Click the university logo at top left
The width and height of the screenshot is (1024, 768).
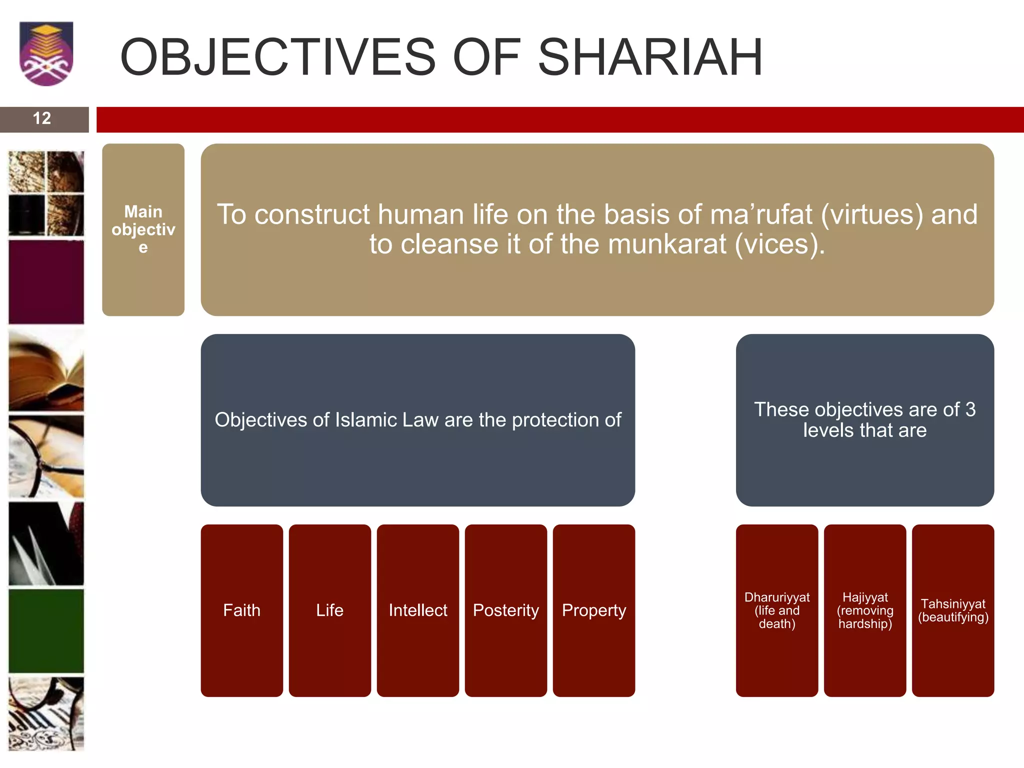coord(46,54)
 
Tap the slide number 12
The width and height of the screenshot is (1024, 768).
coord(42,118)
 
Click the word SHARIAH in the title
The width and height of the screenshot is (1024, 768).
coord(650,57)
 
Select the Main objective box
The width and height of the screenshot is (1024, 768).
coord(143,229)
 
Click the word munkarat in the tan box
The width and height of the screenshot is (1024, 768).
coord(667,244)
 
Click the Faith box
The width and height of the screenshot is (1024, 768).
coord(241,610)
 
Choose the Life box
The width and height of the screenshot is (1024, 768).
coord(329,610)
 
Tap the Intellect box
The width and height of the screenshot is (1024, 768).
coord(418,610)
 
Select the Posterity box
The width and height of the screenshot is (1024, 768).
coord(506,610)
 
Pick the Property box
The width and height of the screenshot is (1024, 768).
coord(594,610)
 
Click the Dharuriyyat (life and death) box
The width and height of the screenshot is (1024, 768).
coord(777,610)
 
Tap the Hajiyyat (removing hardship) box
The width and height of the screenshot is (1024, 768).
coord(865,610)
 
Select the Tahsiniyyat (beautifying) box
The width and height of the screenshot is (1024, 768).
coord(953,610)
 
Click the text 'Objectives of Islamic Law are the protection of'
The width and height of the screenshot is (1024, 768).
coord(418,420)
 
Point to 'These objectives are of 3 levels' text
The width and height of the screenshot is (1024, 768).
coord(865,419)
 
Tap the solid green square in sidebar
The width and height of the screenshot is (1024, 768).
coord(46,631)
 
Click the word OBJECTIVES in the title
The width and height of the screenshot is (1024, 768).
coord(278,57)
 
